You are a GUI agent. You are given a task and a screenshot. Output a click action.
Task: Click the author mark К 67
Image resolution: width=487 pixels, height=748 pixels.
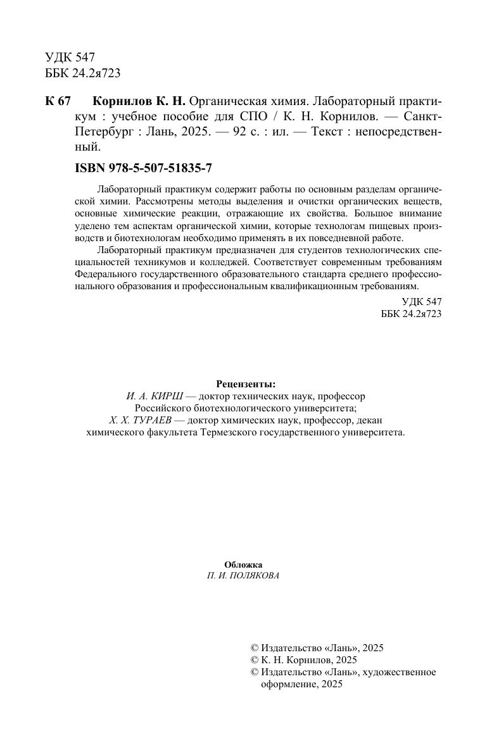click(58, 102)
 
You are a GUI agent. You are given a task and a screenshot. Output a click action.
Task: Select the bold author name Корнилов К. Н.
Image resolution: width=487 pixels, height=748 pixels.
click(139, 102)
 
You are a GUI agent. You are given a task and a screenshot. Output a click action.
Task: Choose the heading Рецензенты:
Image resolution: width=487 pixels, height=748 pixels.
click(246, 383)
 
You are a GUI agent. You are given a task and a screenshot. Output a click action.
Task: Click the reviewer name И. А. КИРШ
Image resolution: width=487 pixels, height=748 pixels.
click(155, 396)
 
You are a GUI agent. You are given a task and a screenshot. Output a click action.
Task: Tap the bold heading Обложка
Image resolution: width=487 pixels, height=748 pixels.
click(243, 564)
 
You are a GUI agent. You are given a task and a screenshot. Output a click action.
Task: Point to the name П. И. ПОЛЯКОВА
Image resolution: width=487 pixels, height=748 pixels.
click(243, 576)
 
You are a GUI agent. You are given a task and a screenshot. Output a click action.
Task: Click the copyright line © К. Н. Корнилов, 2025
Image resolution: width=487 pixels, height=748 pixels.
click(304, 660)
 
